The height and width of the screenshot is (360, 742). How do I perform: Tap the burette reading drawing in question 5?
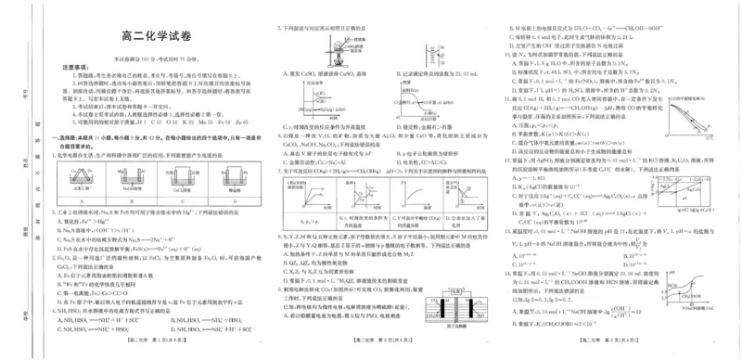click(x=435, y=42)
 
